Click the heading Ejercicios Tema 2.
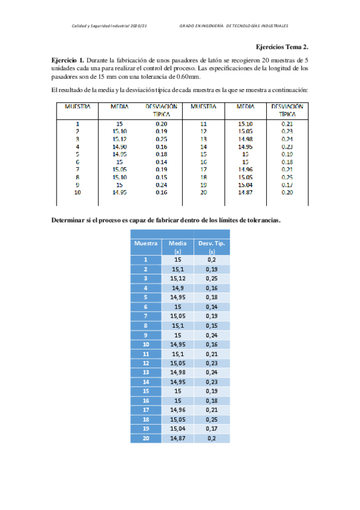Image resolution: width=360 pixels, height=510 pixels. point(282,47)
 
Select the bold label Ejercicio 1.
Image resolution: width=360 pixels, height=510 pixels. point(67,61)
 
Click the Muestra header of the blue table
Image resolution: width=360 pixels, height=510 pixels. point(146,243)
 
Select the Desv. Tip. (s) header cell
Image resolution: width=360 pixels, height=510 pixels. point(212,247)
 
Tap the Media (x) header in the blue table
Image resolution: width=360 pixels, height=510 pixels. point(177,247)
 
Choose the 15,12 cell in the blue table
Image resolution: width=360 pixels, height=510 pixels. point(177,278)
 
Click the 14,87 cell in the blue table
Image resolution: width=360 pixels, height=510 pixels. point(177,438)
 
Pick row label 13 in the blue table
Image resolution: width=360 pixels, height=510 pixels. point(146,372)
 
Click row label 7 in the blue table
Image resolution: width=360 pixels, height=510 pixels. point(146,316)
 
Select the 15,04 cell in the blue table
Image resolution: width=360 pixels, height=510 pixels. point(177,429)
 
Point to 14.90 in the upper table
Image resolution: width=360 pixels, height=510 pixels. point(119,147)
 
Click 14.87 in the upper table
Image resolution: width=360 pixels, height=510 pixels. point(245,192)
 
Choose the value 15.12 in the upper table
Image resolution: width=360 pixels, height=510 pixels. point(119,139)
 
